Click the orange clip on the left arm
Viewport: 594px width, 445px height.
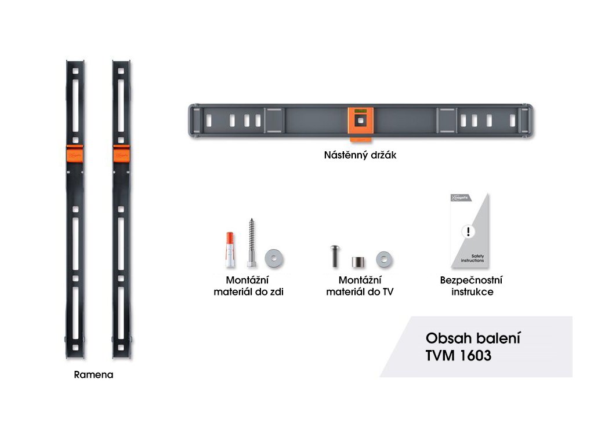(75, 154)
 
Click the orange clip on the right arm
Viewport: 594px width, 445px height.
(121, 154)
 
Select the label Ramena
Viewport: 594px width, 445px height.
(94, 374)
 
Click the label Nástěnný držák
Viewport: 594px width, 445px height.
(360, 155)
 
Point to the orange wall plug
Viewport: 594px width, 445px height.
(231, 250)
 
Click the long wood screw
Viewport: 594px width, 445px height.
(251, 243)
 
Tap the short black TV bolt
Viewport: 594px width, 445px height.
(335, 256)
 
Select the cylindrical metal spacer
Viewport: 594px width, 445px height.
(358, 260)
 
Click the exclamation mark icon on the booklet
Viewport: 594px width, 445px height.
(467, 232)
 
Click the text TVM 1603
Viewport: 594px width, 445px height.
(458, 356)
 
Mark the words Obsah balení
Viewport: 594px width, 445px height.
(473, 338)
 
